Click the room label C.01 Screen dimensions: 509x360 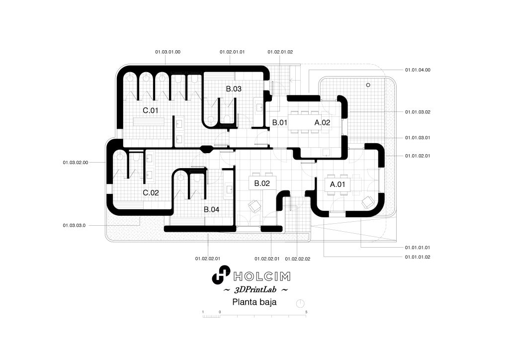coord(151,110)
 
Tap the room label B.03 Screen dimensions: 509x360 coord(234,89)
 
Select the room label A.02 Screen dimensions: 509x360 coord(322,122)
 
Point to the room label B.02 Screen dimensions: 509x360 coord(262,183)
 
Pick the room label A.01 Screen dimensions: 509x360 coord(338,184)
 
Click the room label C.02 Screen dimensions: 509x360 coord(151,193)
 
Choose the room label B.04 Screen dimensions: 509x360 coord(212,210)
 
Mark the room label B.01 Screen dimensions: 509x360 coord(280,122)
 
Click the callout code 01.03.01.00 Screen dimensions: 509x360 coord(168,52)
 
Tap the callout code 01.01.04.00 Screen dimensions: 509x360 coord(418,70)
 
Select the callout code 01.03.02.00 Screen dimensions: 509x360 coord(76,162)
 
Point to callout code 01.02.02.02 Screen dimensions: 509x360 coord(298,259)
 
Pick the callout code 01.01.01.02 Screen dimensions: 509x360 coord(418,257)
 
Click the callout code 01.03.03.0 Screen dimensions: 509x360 coord(75,225)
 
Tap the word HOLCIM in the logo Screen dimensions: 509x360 coord(261,276)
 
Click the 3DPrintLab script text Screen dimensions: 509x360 coord(255,289)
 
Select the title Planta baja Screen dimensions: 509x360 coord(254,302)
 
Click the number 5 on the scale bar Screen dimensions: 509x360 coord(306,312)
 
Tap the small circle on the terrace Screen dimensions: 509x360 coord(368,85)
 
